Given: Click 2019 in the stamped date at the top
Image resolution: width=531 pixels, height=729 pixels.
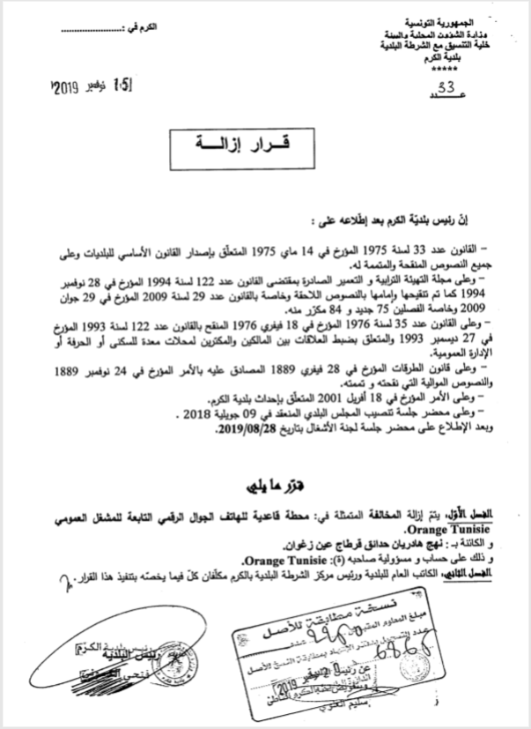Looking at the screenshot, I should [x=66, y=87].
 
